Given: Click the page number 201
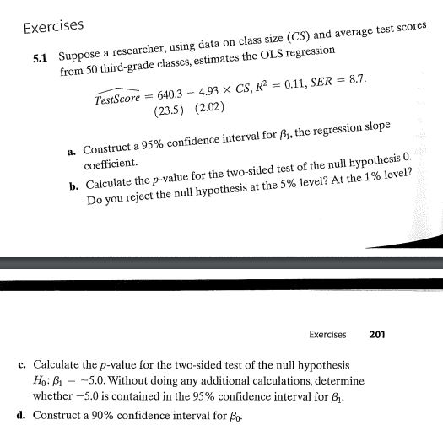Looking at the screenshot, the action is click(377, 335).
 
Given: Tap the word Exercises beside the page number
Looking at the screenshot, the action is click(327, 335).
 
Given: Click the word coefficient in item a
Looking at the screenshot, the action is click(108, 167).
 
